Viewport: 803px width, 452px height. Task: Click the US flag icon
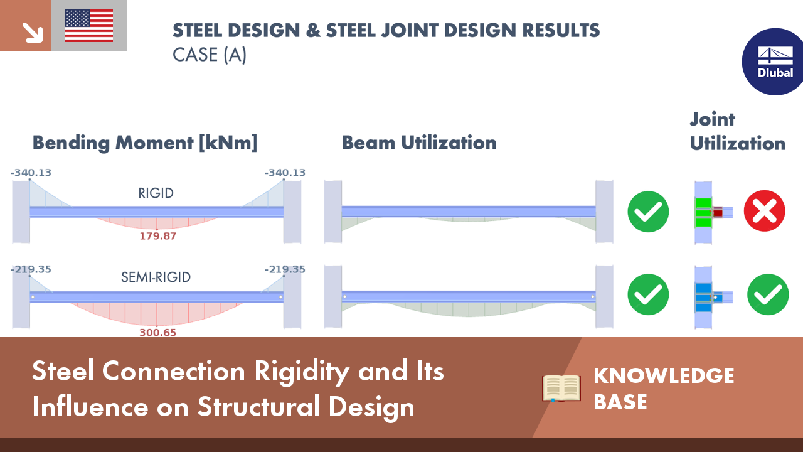(x=89, y=26)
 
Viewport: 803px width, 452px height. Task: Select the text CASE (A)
(x=210, y=55)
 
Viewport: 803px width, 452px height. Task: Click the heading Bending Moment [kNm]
(x=145, y=143)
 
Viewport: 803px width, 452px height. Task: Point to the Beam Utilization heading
(x=419, y=143)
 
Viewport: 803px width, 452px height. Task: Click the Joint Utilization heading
(x=737, y=131)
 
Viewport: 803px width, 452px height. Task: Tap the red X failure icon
(x=764, y=211)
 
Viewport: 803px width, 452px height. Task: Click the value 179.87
(x=157, y=237)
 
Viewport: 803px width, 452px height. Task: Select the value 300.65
(x=157, y=333)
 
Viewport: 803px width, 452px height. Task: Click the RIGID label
(x=156, y=193)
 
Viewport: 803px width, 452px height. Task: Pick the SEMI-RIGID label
(x=156, y=277)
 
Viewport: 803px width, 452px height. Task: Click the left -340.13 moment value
(x=31, y=173)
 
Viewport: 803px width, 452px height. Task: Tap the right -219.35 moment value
(x=285, y=269)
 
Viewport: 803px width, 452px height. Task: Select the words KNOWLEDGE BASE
(x=663, y=388)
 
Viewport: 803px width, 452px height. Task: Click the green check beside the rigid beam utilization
(x=648, y=212)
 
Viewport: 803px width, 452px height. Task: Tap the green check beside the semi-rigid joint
(x=768, y=294)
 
